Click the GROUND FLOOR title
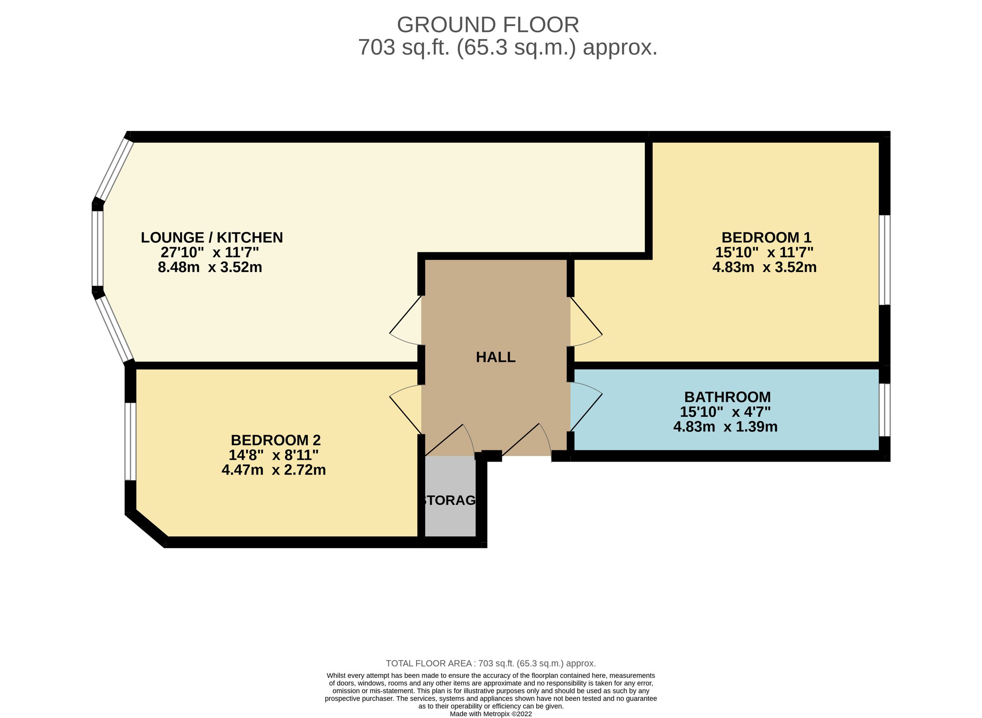point(488,25)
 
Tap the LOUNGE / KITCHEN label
point(212,237)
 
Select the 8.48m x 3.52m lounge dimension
point(210,267)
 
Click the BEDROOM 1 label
point(766,237)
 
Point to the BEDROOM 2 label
point(276,440)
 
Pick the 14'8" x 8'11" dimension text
point(274,455)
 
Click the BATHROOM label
point(727,397)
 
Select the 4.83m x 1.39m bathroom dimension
point(725,426)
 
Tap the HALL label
point(496,357)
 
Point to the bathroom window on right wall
point(884,410)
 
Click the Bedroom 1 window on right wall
point(884,260)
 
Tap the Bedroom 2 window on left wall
point(131,441)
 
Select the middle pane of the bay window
point(97,249)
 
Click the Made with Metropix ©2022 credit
point(491,713)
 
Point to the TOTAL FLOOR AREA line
point(491,663)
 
